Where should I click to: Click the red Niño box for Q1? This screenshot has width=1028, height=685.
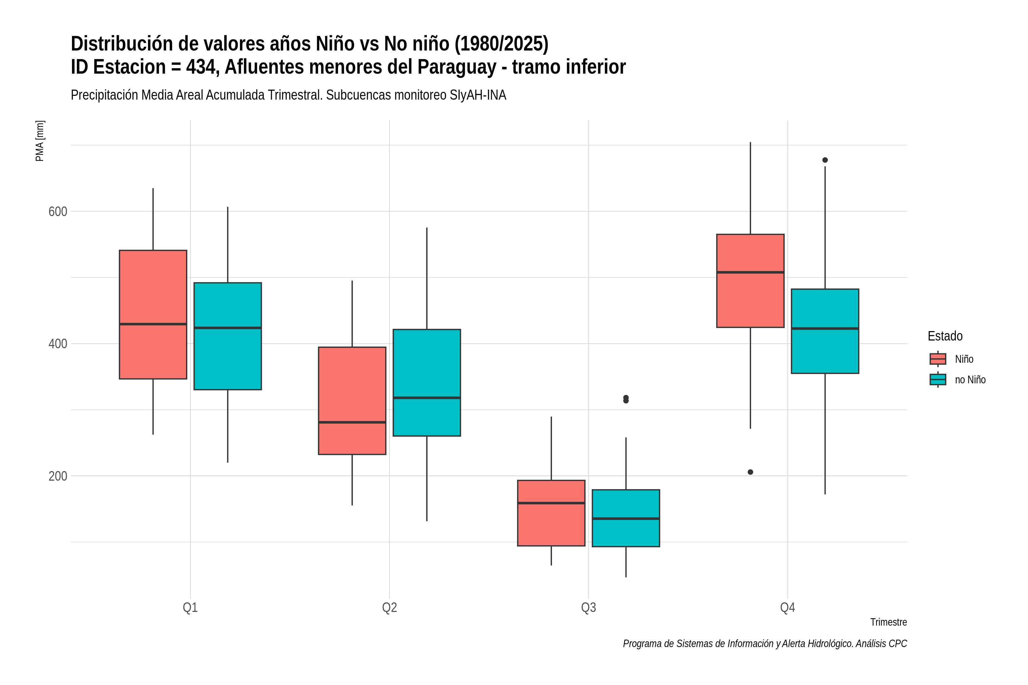point(153,315)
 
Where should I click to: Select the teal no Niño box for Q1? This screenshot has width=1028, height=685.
point(228,336)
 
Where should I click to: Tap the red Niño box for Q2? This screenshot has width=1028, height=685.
point(352,401)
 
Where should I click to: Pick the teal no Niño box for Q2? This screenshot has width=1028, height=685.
point(427,383)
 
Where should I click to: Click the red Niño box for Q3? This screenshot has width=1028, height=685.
point(551,513)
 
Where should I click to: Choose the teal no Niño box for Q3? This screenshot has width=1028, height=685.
point(626,518)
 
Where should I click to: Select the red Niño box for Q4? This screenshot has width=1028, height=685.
point(750,281)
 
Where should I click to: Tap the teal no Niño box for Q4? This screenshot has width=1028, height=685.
point(825,331)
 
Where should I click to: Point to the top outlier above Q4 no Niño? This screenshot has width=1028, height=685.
point(825,160)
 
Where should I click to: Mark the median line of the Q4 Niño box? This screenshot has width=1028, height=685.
point(750,272)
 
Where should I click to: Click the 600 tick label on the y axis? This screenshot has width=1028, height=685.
point(58,211)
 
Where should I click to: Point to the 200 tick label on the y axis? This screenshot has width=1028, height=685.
point(58,476)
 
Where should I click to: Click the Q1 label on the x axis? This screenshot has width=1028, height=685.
point(190,607)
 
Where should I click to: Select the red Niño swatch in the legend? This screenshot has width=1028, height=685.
point(938,359)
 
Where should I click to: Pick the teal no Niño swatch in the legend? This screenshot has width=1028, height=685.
point(938,379)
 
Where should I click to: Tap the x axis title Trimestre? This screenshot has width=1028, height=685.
point(889,622)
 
